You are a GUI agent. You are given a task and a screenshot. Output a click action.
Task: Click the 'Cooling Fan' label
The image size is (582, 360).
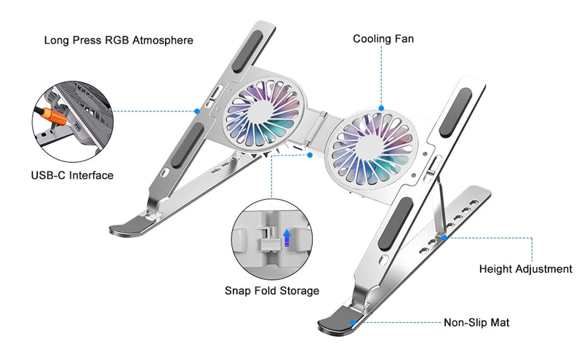(x=383, y=39)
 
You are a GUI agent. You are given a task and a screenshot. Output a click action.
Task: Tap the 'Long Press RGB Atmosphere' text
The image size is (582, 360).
(x=119, y=40)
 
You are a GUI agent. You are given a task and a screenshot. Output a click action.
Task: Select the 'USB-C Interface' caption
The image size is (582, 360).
(x=72, y=175)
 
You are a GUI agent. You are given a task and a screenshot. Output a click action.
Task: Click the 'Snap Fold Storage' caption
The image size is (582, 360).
(x=271, y=291)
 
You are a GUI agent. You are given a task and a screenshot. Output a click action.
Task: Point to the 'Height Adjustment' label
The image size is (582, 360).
(x=525, y=269)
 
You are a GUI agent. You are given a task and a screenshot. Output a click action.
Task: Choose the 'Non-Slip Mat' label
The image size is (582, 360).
(x=477, y=322)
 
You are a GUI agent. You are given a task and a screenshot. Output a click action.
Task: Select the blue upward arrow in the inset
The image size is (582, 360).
(x=287, y=237)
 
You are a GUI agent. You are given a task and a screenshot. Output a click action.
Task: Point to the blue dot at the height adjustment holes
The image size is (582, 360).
(x=445, y=237)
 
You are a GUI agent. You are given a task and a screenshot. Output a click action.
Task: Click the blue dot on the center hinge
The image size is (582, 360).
(x=309, y=155)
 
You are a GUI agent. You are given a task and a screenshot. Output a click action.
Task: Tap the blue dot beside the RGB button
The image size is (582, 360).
(x=197, y=111)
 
